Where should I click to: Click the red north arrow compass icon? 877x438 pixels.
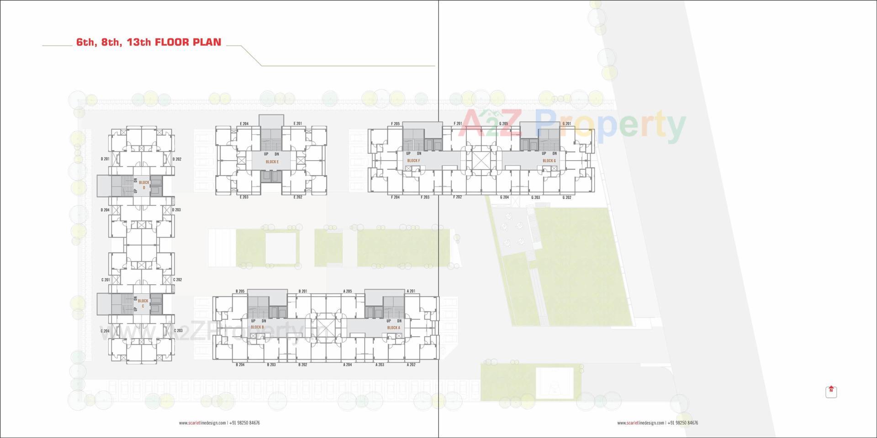[831, 391]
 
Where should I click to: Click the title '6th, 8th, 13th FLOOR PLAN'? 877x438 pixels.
[148, 42]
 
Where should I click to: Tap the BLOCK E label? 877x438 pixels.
[272, 162]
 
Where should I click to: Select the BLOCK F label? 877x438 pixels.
[413, 161]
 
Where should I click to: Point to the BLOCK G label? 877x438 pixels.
[549, 161]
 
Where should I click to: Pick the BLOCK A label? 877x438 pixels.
[393, 328]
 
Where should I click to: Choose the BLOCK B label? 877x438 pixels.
[257, 327]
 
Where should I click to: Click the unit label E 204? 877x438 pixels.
[244, 124]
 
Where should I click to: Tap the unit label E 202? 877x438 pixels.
[298, 197]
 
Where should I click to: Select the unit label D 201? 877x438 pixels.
[105, 159]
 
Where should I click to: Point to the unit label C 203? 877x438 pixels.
[178, 331]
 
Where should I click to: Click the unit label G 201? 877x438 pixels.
[566, 124]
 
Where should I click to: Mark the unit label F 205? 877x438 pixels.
[396, 124]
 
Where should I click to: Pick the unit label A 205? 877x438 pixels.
[348, 291]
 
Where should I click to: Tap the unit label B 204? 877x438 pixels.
[240, 365]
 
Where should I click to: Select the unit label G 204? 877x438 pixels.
[504, 198]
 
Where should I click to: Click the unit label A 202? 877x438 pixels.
[411, 365]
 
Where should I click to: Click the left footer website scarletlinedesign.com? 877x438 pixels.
[203, 423]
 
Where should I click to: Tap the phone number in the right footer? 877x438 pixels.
[683, 423]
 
